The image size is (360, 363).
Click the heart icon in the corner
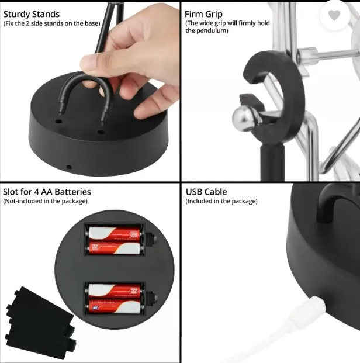click(334, 16)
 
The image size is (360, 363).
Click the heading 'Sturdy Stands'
click(32, 13)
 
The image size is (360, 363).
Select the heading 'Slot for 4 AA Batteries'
click(47, 192)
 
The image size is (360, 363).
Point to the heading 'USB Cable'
click(206, 192)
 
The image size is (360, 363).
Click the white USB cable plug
click(312, 306)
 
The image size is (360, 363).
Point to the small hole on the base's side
click(69, 167)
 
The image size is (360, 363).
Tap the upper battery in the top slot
click(115, 236)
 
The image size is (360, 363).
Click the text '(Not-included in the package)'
click(45, 201)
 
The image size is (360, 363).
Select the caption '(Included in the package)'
click(221, 201)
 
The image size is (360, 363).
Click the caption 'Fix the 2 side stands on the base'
click(51, 23)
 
